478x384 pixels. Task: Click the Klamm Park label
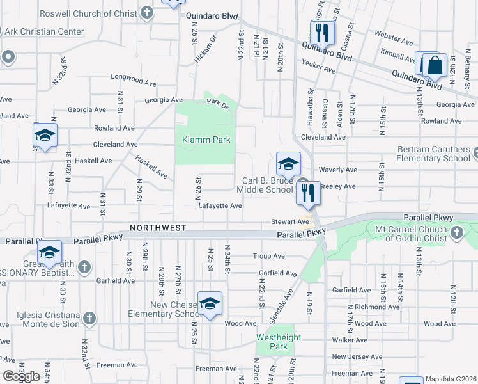(205, 140)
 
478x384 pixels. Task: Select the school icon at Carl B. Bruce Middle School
(288, 164)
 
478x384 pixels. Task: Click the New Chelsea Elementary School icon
(209, 303)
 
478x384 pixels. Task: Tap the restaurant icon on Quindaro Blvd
(323, 32)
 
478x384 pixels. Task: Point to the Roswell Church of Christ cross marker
(148, 13)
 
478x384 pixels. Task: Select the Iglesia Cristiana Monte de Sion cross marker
(89, 319)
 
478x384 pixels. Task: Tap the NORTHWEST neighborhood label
(158, 228)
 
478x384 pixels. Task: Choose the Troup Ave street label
(268, 256)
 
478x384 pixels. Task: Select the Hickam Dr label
(203, 51)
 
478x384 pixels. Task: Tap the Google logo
(21, 376)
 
